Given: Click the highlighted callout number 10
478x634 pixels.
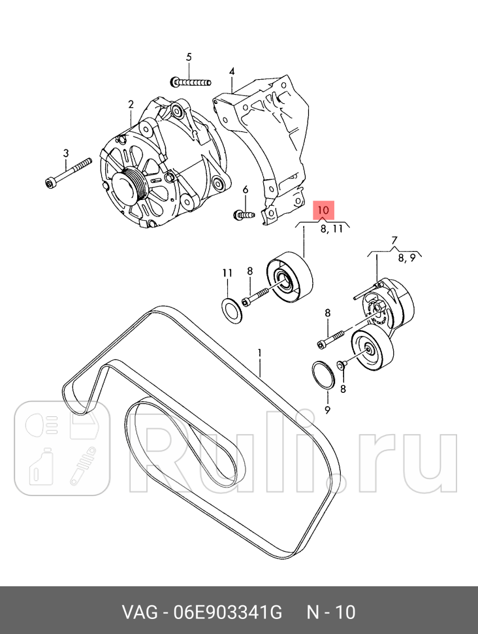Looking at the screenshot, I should click(325, 210).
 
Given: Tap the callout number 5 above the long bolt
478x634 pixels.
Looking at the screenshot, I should click(189, 57).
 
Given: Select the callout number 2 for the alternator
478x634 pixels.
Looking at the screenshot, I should click(131, 105).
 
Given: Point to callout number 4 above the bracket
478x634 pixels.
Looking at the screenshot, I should click(232, 71).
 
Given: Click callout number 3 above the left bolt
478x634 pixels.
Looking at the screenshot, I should click(65, 154).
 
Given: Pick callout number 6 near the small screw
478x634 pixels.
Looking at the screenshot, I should click(246, 190).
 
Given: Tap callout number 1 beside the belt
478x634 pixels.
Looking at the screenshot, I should click(259, 353).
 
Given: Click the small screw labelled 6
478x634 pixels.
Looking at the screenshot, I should click(244, 214).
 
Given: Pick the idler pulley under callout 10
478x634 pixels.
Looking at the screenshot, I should click(289, 278).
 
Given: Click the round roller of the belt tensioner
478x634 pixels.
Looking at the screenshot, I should click(371, 352).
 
